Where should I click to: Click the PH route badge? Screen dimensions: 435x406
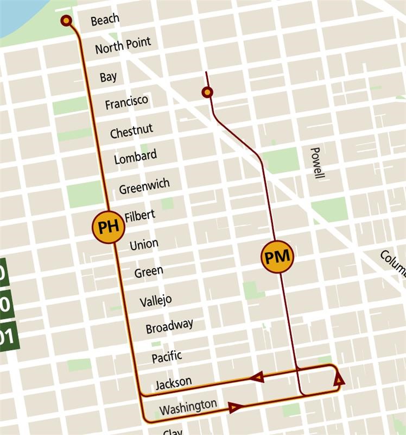109,226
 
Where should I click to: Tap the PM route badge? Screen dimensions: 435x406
277,256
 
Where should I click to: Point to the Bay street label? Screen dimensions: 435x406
108,77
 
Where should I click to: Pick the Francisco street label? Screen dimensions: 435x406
126,102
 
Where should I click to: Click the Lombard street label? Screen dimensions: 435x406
135,157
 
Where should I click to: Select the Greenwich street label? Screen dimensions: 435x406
144,186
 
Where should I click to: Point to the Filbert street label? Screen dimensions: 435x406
139,216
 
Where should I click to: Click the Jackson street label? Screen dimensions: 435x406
173,383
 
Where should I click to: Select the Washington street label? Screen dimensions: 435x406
188,406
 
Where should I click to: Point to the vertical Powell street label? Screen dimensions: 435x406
318,163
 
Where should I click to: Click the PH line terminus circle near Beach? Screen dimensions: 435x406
66,21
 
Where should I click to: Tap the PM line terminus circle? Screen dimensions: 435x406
207,92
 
